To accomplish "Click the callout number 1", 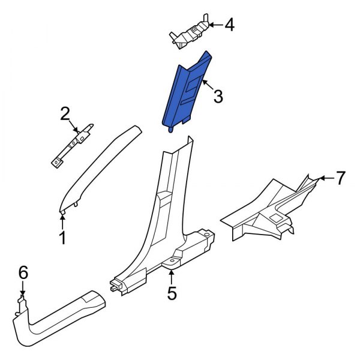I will point(62,239).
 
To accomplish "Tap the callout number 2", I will point(65,113).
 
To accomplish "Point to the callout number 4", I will point(230,25).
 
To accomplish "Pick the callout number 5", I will point(172,293).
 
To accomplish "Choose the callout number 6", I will point(23,273).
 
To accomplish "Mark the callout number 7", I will point(340,178).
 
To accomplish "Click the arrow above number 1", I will point(62,221).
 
